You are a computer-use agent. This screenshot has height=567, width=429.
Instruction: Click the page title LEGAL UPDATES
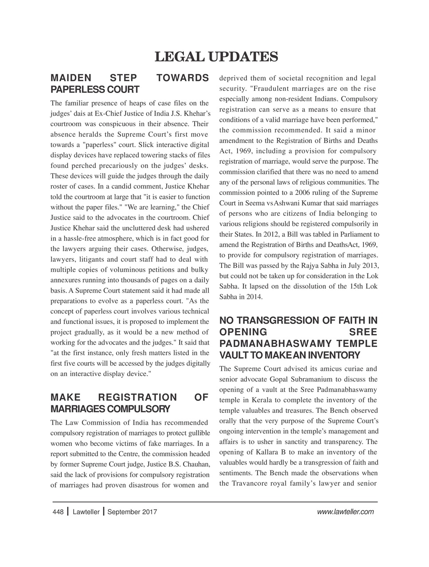coord(216,57)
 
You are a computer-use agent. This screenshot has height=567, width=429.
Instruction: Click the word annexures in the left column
coord(66,280)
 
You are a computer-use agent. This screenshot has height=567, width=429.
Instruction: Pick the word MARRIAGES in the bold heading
coord(71,408)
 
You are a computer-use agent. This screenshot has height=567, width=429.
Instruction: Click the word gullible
coord(196,433)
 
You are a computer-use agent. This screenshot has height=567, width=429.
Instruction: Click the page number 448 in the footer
coord(58,512)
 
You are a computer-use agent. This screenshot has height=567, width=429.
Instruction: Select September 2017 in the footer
coord(132,512)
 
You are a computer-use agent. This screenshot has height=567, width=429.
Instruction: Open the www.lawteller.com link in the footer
coord(346,512)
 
